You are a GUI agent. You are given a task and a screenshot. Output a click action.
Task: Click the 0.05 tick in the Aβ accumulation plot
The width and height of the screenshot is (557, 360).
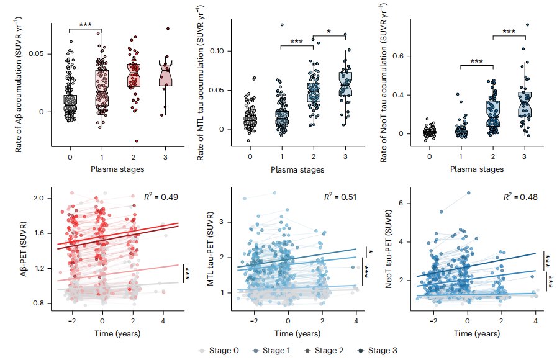coord(37,54)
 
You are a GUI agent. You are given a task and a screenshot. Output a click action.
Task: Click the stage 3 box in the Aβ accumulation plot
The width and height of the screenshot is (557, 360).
coord(166,75)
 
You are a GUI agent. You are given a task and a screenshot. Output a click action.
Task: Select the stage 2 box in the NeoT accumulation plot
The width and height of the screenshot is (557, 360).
coord(492,114)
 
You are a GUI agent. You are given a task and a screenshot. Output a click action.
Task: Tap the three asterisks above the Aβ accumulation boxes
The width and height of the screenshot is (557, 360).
coord(85,25)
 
